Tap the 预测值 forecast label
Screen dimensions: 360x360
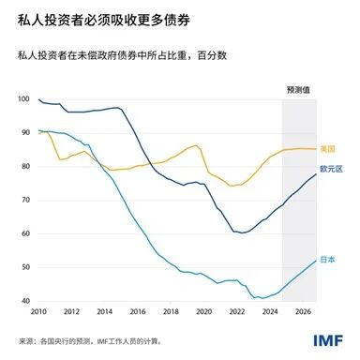[x=299, y=89]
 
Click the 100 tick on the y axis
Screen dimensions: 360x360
[x=24, y=99]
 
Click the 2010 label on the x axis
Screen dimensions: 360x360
[x=38, y=311]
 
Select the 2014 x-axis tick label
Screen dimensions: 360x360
[x=104, y=311]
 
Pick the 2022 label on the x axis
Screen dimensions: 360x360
[x=235, y=311]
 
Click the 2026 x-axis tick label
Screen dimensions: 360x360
[x=301, y=311]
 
